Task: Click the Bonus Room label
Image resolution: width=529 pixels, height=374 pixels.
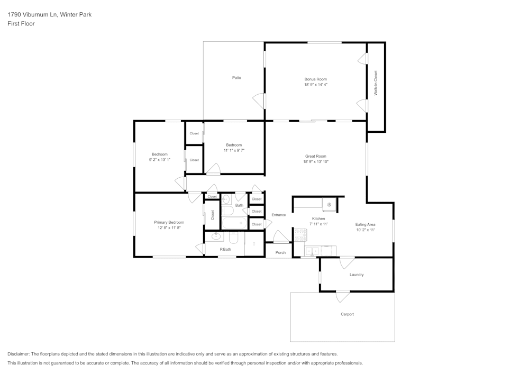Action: tap(315, 79)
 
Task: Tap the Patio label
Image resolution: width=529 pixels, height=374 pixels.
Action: tap(236, 78)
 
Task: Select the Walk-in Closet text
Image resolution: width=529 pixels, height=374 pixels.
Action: tap(376, 83)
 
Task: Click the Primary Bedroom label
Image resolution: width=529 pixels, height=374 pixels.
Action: tap(169, 222)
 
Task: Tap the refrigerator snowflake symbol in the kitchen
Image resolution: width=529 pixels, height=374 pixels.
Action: tap(329, 204)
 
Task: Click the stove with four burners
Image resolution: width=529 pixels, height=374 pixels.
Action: tap(300, 234)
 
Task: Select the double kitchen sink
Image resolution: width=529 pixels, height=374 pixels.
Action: tap(312, 251)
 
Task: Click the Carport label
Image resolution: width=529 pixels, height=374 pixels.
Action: tap(347, 314)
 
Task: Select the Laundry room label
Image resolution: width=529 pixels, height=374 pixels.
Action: tap(357, 275)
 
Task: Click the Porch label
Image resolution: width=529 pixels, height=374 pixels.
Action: tap(280, 252)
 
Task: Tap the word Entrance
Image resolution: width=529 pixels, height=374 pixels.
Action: tap(278, 215)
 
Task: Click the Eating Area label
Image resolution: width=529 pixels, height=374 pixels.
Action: tap(365, 224)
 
